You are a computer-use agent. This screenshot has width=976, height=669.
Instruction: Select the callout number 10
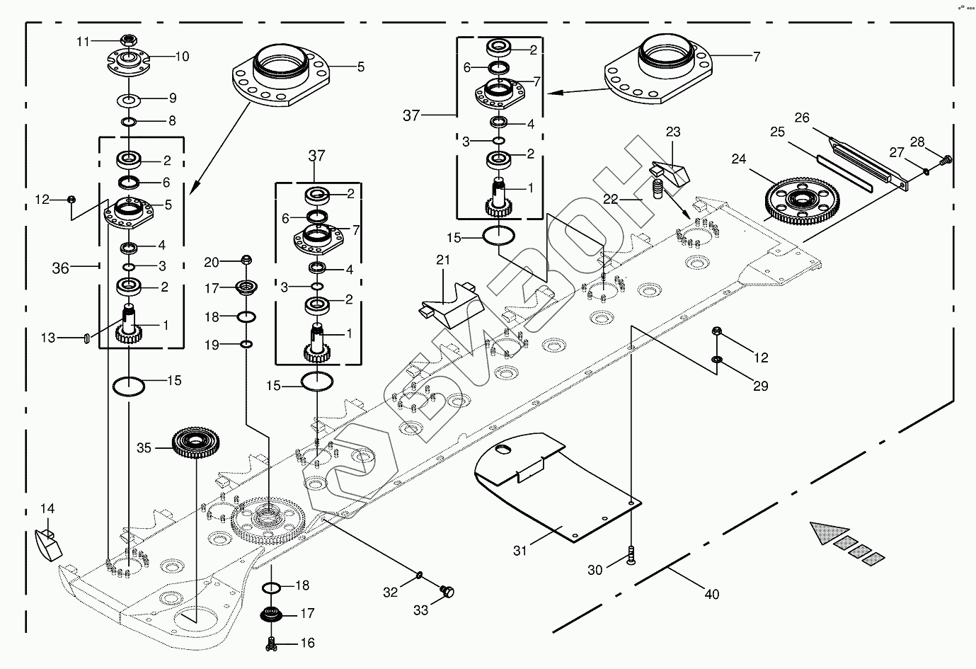(182, 57)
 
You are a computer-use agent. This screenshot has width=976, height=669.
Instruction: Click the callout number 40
(711, 594)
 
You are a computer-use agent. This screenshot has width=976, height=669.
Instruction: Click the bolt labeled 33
(447, 590)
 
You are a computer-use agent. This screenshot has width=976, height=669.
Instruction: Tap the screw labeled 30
(631, 558)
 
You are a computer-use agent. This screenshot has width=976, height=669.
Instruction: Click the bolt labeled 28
(946, 160)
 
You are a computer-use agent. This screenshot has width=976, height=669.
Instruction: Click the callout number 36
(61, 268)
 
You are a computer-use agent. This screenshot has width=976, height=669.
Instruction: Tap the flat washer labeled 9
(128, 98)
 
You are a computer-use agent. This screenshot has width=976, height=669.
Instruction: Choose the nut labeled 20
(246, 261)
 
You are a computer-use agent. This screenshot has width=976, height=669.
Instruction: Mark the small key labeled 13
(86, 338)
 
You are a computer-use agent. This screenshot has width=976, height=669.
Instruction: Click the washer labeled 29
(716, 362)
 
